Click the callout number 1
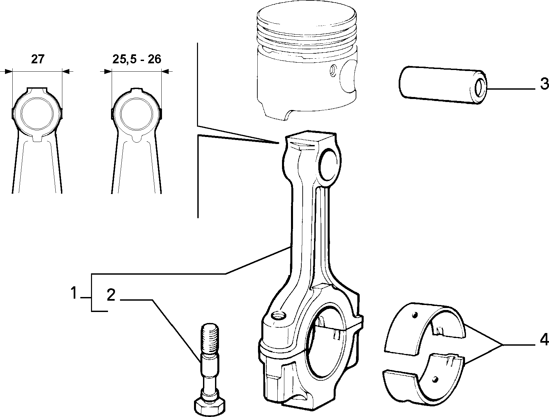coord(74,293)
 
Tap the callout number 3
coord(544,84)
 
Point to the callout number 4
coord(544,340)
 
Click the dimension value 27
coord(38,59)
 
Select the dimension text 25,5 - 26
coord(137,59)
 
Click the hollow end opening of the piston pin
coord(479,88)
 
